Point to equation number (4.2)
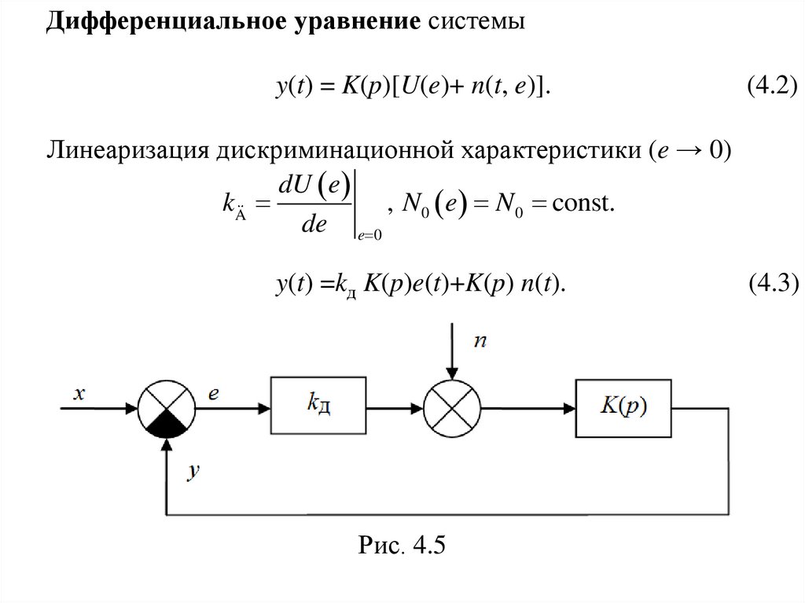tap(771, 87)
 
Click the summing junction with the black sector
tap(164, 408)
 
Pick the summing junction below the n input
tap(450, 408)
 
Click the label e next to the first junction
tap(214, 392)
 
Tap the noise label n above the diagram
tap(480, 340)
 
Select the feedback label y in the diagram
tap(194, 472)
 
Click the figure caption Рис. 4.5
tap(402, 545)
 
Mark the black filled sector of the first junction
tap(164, 424)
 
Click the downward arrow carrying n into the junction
tap(450, 354)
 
